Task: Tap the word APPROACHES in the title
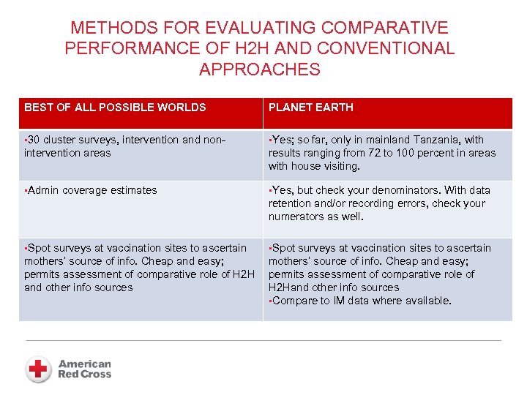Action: pos(260,69)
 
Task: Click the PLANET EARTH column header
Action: pos(311,108)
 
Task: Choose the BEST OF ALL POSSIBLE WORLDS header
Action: pos(115,108)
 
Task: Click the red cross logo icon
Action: pos(38,369)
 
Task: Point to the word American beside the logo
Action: pos(85,364)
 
